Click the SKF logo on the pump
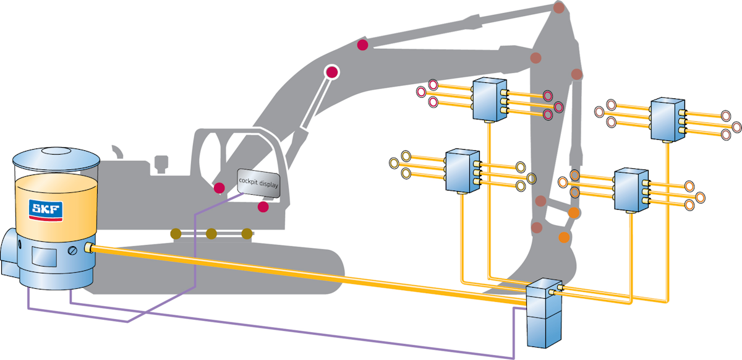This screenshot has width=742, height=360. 45,210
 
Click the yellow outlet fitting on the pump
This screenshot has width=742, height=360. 89,248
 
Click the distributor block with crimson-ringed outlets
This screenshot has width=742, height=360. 489,99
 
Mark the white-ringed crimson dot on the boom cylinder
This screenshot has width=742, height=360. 332,72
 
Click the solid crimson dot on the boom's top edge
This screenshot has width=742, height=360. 363,45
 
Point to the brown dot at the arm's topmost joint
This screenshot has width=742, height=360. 559,8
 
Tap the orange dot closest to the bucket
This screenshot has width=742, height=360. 564,238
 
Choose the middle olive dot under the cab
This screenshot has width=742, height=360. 211,233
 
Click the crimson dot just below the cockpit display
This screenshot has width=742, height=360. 263,207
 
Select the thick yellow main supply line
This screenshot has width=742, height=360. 309,272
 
